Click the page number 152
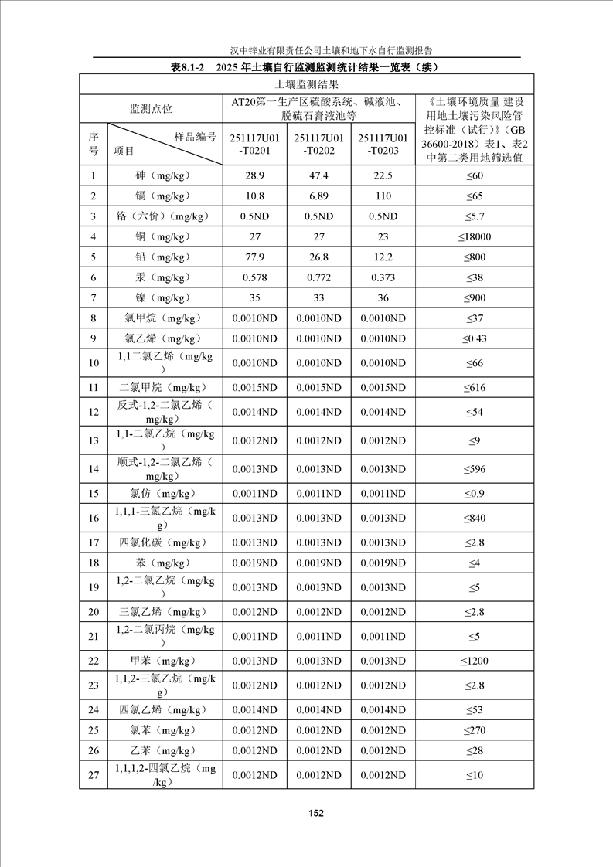click(315, 812)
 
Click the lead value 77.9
click(254, 257)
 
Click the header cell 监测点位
click(151, 109)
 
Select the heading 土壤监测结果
click(306, 84)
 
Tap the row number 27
click(94, 775)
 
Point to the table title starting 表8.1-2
click(306, 66)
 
